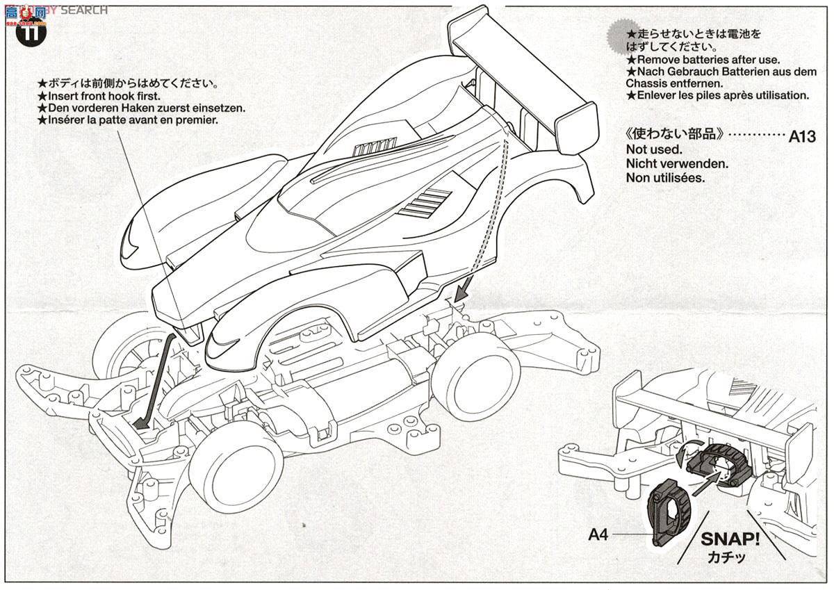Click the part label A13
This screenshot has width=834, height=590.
click(x=801, y=136)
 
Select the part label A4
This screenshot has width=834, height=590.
click(x=600, y=534)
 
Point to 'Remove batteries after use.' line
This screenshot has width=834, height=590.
click(x=703, y=60)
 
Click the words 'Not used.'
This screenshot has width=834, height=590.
click(x=653, y=149)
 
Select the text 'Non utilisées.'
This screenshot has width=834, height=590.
click(x=665, y=177)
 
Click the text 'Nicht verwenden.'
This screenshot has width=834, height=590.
click(x=676, y=163)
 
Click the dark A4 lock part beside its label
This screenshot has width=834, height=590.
click(x=670, y=513)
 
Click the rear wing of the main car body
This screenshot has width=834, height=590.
click(x=521, y=63)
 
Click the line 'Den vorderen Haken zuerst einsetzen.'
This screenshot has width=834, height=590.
click(x=142, y=108)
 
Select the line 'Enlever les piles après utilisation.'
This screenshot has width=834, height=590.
click(x=717, y=95)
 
